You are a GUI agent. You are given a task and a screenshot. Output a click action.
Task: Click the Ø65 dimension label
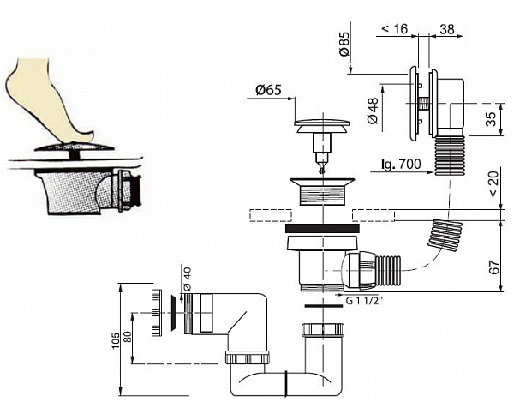[270, 88]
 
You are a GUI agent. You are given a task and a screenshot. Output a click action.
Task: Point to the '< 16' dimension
[395, 29]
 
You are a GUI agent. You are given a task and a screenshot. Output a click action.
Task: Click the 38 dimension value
[447, 29]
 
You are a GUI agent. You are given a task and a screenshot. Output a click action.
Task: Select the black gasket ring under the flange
[320, 229]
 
